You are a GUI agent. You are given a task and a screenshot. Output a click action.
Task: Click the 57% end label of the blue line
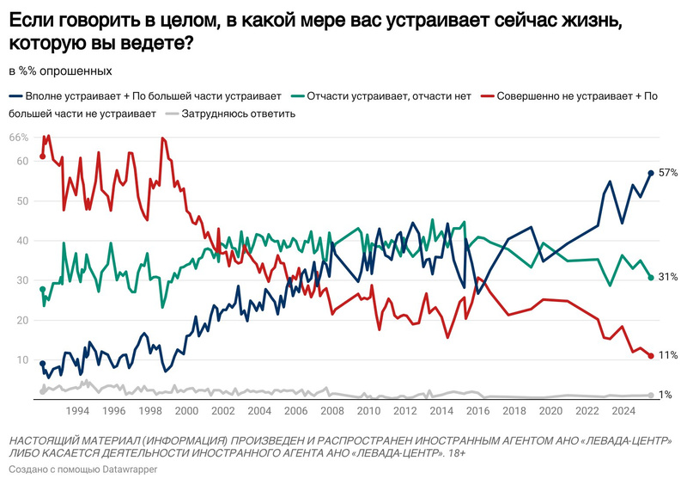[x=668, y=173]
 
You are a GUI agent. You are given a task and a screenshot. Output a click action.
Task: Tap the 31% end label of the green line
[x=668, y=277]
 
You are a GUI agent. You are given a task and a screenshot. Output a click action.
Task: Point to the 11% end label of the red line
[x=668, y=355]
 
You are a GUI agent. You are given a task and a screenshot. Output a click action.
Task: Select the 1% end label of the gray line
[x=666, y=395]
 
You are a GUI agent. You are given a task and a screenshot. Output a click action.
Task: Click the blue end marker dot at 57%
[x=651, y=173]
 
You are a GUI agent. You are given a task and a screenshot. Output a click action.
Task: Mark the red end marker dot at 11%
[x=651, y=355]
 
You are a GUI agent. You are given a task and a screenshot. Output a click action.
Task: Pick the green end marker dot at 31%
[x=651, y=277]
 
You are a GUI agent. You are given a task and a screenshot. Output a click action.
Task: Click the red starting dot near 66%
[x=42, y=156]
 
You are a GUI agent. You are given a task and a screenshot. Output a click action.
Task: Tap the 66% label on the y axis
[x=18, y=138]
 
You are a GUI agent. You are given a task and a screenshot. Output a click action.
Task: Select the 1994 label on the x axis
[x=79, y=410]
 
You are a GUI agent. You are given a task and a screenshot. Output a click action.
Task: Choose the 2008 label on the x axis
[x=332, y=410]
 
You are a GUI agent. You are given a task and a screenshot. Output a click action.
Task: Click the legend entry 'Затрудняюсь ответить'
[x=239, y=114]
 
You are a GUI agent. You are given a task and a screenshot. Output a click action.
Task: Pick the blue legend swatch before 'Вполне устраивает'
[x=15, y=96]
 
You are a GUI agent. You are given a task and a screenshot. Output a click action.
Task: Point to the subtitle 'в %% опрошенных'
[x=59, y=71]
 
